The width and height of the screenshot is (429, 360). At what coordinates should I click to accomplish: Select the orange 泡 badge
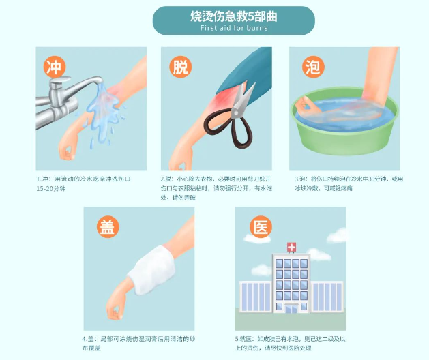tap(310, 67)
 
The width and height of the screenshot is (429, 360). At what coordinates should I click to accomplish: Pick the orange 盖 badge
tap(107, 228)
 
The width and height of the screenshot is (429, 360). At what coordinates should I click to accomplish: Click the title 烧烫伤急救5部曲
tap(233, 16)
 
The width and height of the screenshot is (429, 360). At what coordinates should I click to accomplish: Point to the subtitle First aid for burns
tap(233, 28)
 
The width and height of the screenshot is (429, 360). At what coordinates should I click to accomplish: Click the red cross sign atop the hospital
tap(291, 247)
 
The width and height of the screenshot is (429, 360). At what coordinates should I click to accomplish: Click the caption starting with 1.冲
tap(85, 183)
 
